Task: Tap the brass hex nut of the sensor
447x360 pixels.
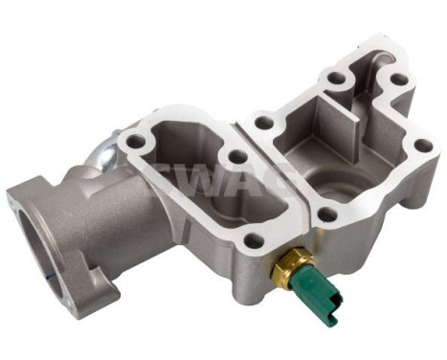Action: [x=284, y=269]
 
